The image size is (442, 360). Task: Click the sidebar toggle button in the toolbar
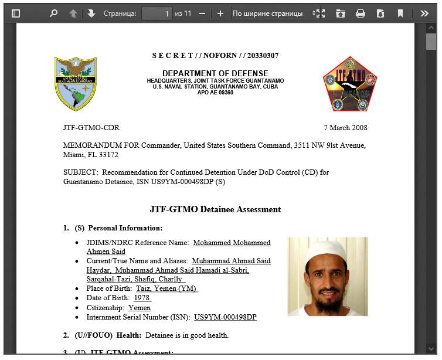coord(16,13)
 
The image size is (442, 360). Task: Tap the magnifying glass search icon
coord(54,13)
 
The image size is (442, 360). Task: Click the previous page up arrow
coord(73,13)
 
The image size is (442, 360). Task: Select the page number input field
coord(157,13)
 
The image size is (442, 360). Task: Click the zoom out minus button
coord(202,13)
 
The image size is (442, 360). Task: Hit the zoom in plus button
coord(220,13)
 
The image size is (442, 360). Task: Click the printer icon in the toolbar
coord(361,13)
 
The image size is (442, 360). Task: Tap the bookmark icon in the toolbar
coord(400,13)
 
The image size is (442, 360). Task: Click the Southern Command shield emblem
coord(76,83)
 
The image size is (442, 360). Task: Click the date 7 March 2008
coord(345,128)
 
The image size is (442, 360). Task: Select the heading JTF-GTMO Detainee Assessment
coord(215,209)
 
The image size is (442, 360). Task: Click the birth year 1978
coord(142,298)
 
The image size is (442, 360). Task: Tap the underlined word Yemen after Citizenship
coord(140,308)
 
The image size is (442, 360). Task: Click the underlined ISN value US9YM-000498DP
coord(225,317)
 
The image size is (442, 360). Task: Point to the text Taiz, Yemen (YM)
coord(166,288)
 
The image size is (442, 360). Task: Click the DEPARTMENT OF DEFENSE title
coord(215,73)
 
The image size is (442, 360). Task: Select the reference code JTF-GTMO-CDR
coord(91,128)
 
